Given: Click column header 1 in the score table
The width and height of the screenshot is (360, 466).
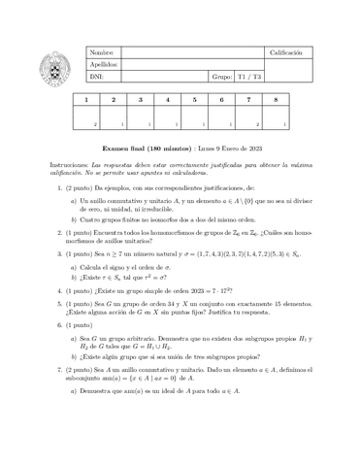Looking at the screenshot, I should click(x=86, y=99).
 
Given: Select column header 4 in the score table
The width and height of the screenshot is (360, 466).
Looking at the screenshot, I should click(x=168, y=99).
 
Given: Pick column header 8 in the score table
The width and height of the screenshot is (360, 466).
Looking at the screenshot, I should click(x=277, y=99).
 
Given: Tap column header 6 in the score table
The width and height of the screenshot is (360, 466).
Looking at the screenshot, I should click(x=222, y=99).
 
